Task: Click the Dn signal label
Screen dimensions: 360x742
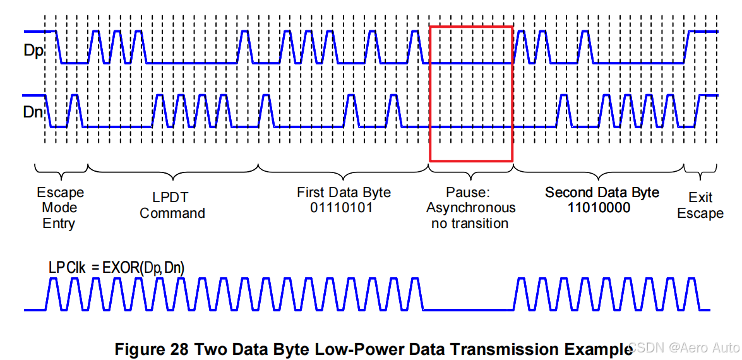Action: click(x=33, y=112)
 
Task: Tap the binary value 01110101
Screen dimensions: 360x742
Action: click(x=344, y=208)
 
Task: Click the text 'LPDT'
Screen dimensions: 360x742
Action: click(x=172, y=197)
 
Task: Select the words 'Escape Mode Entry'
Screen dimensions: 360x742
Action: click(x=60, y=208)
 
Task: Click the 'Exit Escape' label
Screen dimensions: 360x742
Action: click(x=700, y=205)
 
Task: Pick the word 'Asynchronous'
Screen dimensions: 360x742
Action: click(x=470, y=208)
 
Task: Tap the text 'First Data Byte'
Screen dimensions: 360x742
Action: click(x=344, y=192)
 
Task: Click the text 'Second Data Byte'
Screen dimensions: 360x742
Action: click(x=602, y=192)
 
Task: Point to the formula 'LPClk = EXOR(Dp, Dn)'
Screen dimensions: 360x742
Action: click(x=116, y=268)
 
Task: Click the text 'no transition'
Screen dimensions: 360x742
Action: click(x=470, y=223)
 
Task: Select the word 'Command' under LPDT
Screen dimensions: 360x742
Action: click(x=172, y=213)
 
